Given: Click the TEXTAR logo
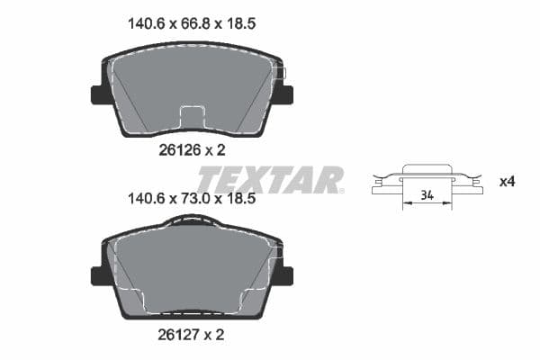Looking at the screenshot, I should click(270, 179).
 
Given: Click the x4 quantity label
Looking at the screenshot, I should click(507, 182).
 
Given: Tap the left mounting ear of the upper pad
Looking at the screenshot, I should click(97, 94).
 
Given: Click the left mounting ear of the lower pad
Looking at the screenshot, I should click(97, 276).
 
